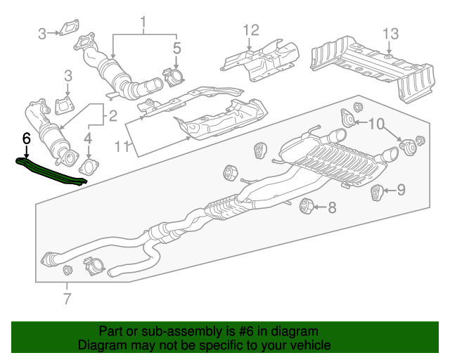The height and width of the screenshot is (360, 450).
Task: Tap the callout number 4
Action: [89, 138]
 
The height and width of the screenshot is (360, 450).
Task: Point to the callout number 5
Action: [176, 48]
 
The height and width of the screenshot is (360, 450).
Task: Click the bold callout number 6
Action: [26, 138]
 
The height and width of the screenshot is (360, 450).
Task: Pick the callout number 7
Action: [67, 300]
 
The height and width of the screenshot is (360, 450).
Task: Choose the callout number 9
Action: [401, 188]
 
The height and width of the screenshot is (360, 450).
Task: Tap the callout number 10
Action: [376, 124]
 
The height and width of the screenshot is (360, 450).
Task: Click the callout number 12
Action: [251, 30]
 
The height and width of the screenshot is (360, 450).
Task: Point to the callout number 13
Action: [390, 33]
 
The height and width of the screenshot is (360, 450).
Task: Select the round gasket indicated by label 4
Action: [89, 167]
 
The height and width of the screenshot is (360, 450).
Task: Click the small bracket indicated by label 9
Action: [378, 190]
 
